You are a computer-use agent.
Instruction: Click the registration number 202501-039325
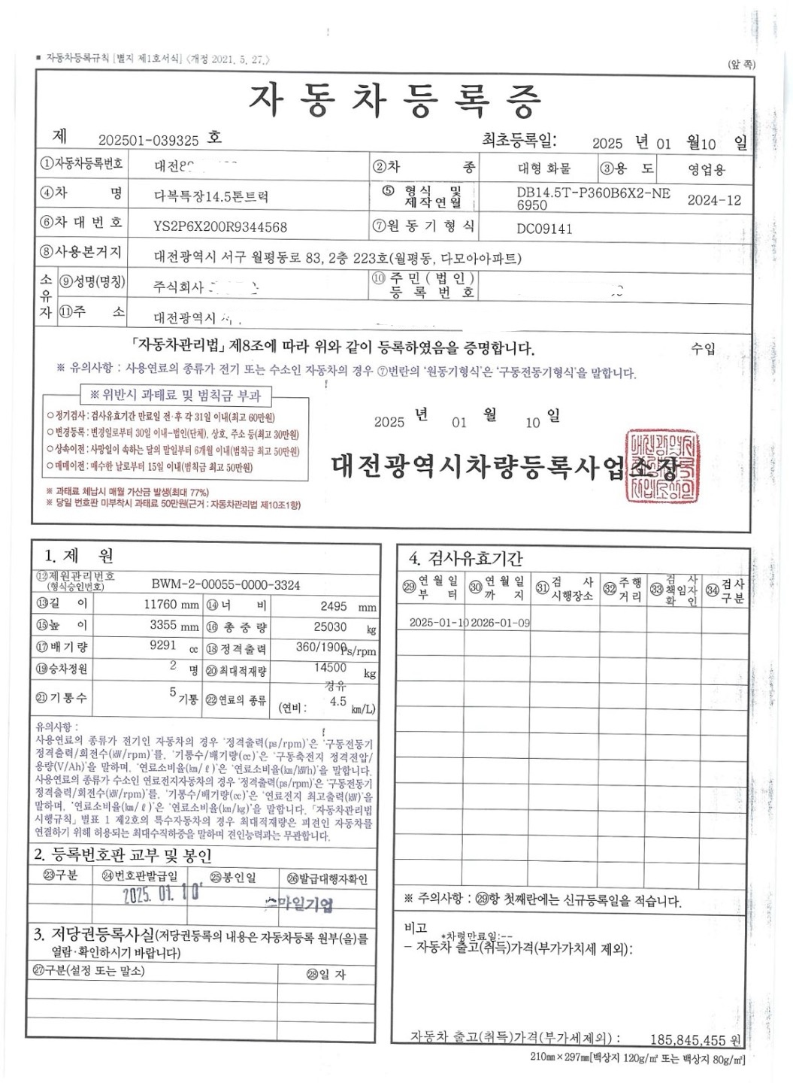148,141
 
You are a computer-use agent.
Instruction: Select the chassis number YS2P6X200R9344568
220,226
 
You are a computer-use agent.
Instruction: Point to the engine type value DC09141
544,228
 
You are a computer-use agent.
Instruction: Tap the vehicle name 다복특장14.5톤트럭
211,197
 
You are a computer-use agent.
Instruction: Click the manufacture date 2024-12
714,200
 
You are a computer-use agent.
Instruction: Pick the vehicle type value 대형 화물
544,168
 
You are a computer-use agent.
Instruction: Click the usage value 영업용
707,170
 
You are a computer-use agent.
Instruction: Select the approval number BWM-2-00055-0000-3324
225,584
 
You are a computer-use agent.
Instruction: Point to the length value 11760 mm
171,605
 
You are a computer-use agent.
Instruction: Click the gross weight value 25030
330,626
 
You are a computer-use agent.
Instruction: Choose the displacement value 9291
163,645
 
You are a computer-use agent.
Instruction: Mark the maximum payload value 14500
330,667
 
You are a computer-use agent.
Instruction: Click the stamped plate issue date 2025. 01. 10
162,894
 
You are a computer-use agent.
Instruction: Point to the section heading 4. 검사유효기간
465,559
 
